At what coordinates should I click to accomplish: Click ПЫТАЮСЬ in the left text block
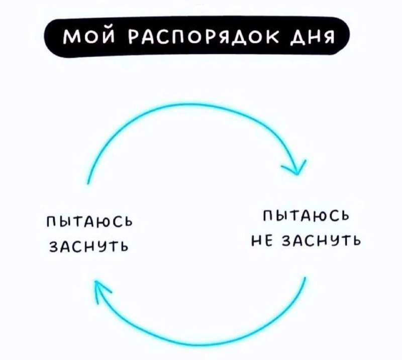tap(89, 221)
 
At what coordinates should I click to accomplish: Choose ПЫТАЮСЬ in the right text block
tap(306, 216)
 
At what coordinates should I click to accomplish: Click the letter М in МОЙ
tap(69, 38)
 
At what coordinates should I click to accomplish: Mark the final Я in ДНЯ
tap(328, 38)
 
